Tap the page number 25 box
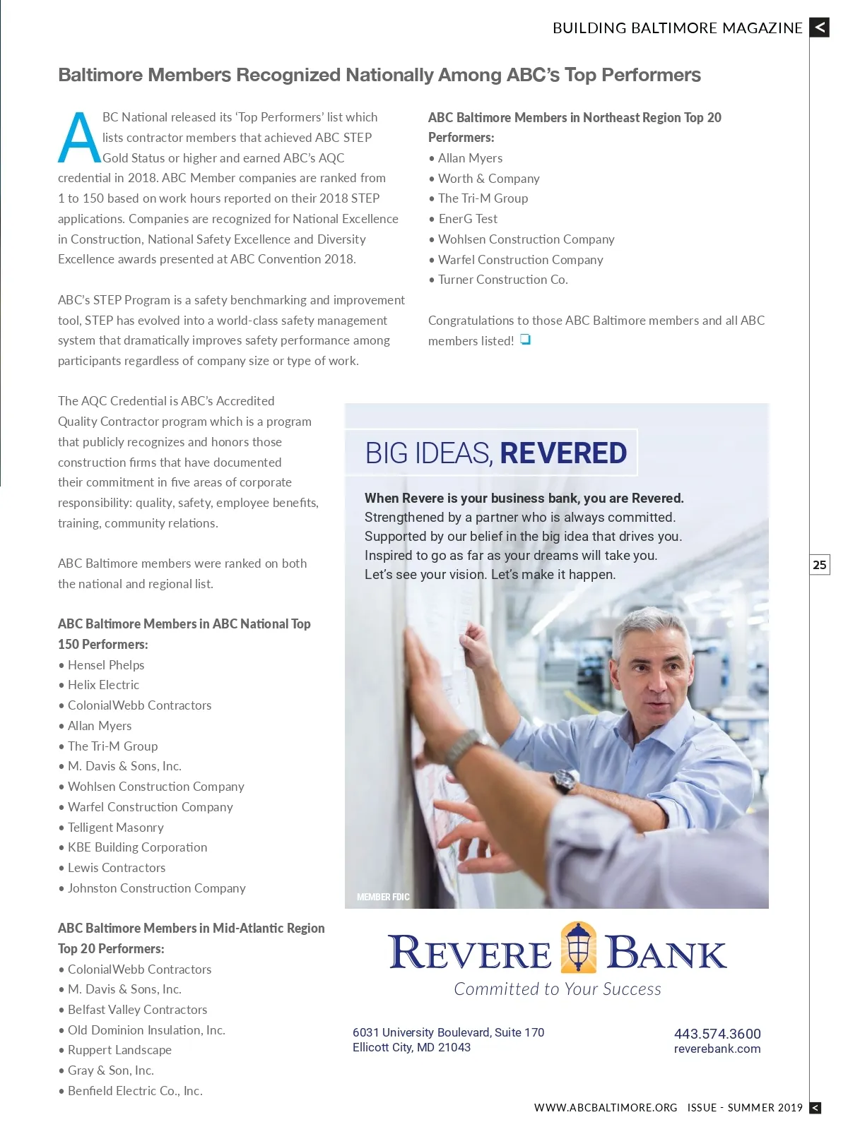(819, 565)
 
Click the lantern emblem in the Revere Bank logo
(578, 948)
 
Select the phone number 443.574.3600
(717, 1034)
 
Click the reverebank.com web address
(717, 1049)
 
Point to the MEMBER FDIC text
(383, 897)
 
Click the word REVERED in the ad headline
(563, 453)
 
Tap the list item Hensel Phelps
(106, 665)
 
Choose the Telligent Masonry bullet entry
(116, 828)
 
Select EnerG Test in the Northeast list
(468, 219)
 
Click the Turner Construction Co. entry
(502, 280)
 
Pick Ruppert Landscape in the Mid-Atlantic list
(119, 1050)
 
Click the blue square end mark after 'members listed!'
(525, 340)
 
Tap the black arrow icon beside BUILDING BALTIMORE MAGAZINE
(819, 28)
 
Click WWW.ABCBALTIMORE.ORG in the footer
(606, 1108)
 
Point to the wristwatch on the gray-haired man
(565, 780)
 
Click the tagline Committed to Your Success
(558, 989)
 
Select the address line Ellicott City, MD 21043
(411, 1048)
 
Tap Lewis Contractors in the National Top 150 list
(117, 868)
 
